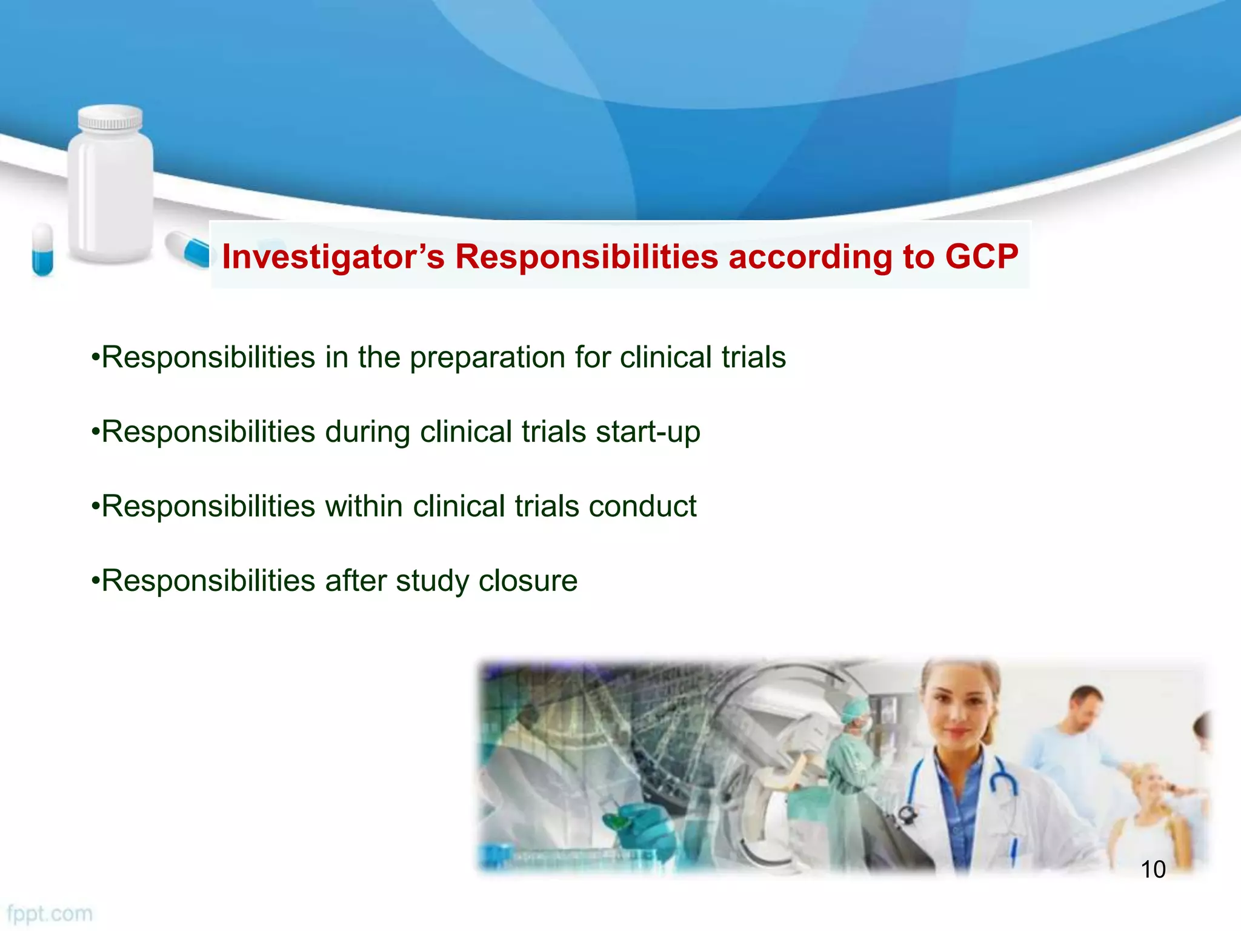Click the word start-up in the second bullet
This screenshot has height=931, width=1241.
(x=648, y=433)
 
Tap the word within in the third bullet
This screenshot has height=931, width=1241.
(x=364, y=507)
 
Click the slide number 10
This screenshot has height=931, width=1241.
(x=1153, y=870)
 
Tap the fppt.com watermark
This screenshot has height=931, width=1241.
(x=50, y=913)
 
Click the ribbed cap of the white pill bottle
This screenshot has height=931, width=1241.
(x=111, y=118)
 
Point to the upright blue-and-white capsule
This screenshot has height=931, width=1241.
(x=42, y=249)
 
